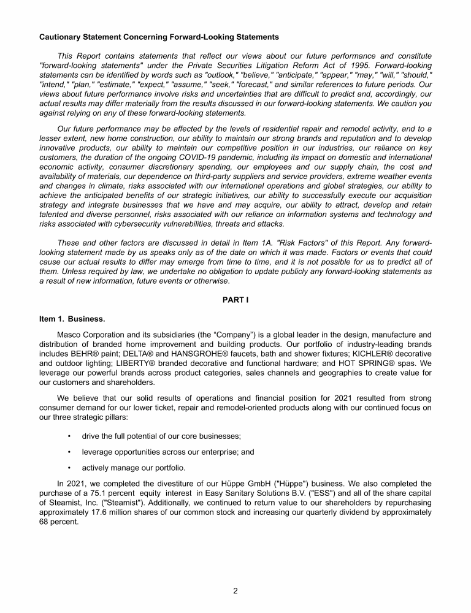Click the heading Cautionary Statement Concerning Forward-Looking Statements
click(x=159, y=37)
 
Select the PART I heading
click(x=235, y=300)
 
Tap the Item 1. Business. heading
click(x=72, y=319)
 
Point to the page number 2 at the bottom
click(x=235, y=591)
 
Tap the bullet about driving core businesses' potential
click(x=161, y=436)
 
